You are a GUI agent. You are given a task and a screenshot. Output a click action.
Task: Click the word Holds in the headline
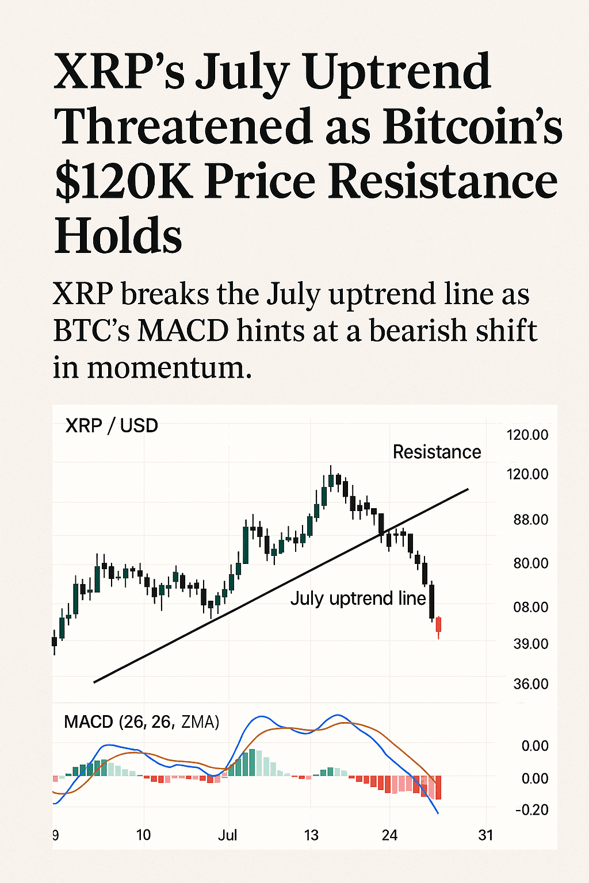coord(118,236)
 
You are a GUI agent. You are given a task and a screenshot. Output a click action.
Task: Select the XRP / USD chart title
coord(112,426)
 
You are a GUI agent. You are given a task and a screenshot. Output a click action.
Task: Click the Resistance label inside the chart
coord(437,452)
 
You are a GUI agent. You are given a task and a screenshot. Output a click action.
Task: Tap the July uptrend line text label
coord(358,598)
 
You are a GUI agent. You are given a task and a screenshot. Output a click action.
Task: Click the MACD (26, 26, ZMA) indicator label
coord(141,722)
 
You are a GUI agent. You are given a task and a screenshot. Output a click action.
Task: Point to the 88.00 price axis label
coord(530,520)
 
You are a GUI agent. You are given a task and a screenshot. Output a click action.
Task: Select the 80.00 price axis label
coord(530,563)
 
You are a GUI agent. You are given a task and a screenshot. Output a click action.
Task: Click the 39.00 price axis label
coord(530,644)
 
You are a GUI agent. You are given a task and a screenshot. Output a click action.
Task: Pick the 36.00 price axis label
coord(530,684)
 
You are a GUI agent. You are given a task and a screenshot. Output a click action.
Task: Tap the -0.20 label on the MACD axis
coord(531,810)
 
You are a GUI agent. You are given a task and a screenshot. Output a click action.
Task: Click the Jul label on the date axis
coord(227,835)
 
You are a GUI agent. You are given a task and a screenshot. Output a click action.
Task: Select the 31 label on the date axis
coord(486,835)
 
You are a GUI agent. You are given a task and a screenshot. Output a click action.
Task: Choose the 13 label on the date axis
coord(311,835)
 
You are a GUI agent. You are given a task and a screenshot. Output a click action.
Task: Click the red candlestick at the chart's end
coord(439,625)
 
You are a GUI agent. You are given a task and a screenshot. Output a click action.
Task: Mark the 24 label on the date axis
coord(389,835)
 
